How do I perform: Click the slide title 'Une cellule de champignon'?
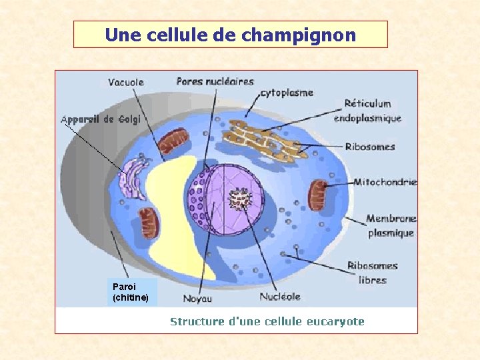(x=230, y=35)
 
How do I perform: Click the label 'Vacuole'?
(x=125, y=83)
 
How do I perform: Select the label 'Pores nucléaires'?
(x=215, y=81)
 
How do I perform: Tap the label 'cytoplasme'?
(x=286, y=93)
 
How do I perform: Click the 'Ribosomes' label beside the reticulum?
(x=370, y=147)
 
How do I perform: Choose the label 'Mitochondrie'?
(x=385, y=181)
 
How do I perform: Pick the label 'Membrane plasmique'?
(x=391, y=225)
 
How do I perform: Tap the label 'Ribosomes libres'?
(x=372, y=273)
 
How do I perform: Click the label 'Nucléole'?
(x=279, y=296)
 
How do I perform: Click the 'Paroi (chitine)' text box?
(x=131, y=292)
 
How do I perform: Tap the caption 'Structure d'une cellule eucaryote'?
(x=267, y=321)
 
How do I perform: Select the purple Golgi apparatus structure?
(x=134, y=175)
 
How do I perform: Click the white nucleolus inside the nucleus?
(x=238, y=198)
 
